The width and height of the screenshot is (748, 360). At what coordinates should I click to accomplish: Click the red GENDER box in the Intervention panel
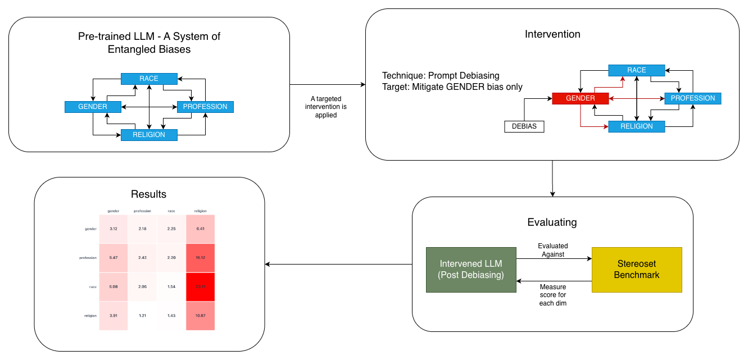coord(580,98)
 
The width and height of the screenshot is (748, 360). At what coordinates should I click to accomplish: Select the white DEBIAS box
coord(524,126)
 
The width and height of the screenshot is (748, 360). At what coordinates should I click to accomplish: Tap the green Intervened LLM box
coord(470,270)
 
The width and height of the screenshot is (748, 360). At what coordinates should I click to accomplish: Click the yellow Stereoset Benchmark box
coord(636,270)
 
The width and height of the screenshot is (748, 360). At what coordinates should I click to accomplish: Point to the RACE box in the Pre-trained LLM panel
coord(149,79)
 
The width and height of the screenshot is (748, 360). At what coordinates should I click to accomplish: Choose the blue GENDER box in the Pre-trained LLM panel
coord(93,107)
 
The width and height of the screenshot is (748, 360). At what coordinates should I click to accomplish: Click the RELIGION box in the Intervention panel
coord(636,126)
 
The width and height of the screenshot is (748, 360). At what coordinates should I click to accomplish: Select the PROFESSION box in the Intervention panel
coord(692,98)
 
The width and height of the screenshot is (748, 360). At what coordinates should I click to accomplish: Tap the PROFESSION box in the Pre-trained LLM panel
coord(205,107)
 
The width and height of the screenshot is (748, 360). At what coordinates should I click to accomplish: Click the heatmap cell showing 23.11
coord(200,286)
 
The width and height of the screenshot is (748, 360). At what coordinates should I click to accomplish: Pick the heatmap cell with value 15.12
coord(200,258)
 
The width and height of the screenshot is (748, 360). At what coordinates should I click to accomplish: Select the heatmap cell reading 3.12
coord(114,229)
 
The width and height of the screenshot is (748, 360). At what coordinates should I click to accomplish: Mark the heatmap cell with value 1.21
coord(142,316)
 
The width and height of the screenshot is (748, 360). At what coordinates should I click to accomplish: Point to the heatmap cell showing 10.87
coord(200,316)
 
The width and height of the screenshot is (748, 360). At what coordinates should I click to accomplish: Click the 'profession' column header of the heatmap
coord(142,211)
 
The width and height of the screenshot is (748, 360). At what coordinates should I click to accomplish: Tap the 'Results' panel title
coord(148,194)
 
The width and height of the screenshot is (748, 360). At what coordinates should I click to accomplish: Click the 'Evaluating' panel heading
coord(552,222)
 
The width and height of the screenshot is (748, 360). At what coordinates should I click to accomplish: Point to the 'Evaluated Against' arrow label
coord(553,250)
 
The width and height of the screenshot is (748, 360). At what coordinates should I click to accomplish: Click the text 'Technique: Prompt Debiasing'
coord(441,76)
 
